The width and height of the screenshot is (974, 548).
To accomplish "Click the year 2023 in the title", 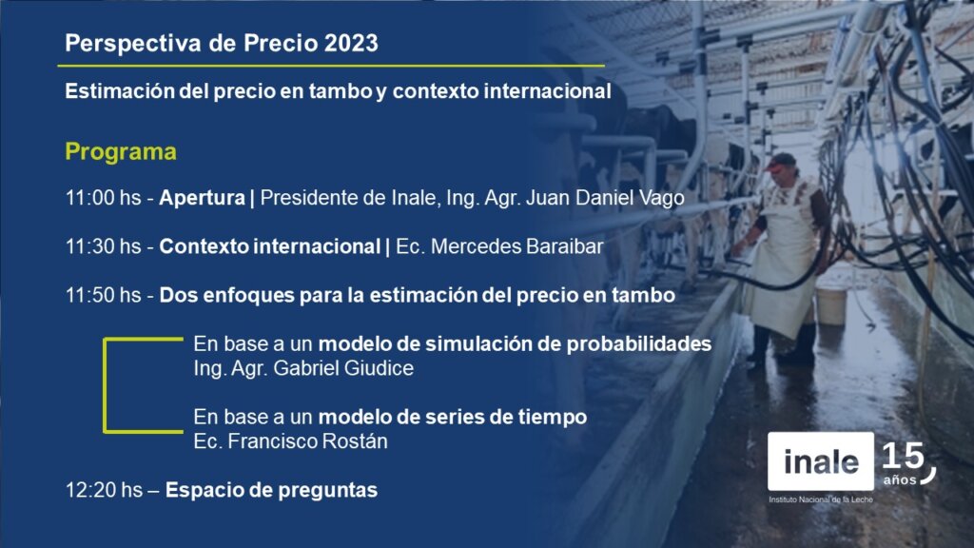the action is [351, 43].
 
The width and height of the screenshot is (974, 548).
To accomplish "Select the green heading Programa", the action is [121, 151].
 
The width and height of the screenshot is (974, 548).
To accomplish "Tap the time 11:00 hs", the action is [103, 198].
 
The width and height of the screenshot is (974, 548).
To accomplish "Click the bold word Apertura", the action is [202, 198].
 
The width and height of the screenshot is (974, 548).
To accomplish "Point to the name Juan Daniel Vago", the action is [605, 198].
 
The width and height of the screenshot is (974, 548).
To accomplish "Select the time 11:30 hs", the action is [103, 246].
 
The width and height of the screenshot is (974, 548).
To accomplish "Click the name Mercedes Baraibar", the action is [516, 246].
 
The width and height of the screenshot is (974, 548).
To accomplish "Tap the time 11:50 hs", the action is [103, 295].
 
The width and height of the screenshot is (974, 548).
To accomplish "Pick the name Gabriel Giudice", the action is [343, 368].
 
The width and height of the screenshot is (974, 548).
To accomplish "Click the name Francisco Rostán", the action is [307, 441].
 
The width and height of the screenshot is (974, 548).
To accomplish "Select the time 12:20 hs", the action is [104, 490].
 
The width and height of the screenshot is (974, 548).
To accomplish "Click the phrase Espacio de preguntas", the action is [271, 490].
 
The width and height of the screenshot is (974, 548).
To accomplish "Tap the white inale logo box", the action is [821, 461].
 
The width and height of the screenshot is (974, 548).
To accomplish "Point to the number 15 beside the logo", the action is [903, 456].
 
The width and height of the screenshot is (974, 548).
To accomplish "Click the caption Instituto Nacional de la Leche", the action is [821, 499].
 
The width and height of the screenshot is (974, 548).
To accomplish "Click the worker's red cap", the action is [780, 162].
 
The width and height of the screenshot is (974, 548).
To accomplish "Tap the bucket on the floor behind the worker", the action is [830, 305].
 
